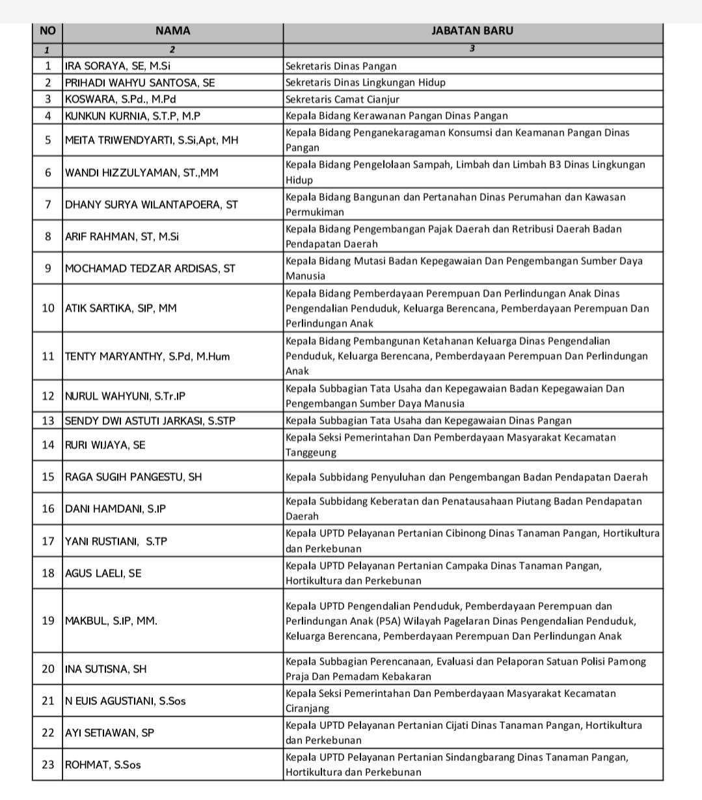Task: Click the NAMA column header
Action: pos(172,31)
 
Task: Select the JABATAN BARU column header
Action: pos(472,31)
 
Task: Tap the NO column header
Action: pos(47,31)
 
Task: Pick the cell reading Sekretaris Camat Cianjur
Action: pos(342,100)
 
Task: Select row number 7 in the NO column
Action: pos(48,204)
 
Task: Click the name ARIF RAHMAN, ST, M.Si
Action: pos(122,237)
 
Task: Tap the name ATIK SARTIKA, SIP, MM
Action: pos(120,308)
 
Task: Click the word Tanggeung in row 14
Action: pos(311,452)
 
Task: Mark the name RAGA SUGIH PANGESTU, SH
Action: pos(133,477)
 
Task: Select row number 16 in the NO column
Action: pos(48,508)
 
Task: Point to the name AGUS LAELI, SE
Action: pos(103,573)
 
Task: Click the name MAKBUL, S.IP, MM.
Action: pos(111,620)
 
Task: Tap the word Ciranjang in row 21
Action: pos(308,708)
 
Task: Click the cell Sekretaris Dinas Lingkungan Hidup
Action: pos(366,83)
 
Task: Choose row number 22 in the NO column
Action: pos(48,732)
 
